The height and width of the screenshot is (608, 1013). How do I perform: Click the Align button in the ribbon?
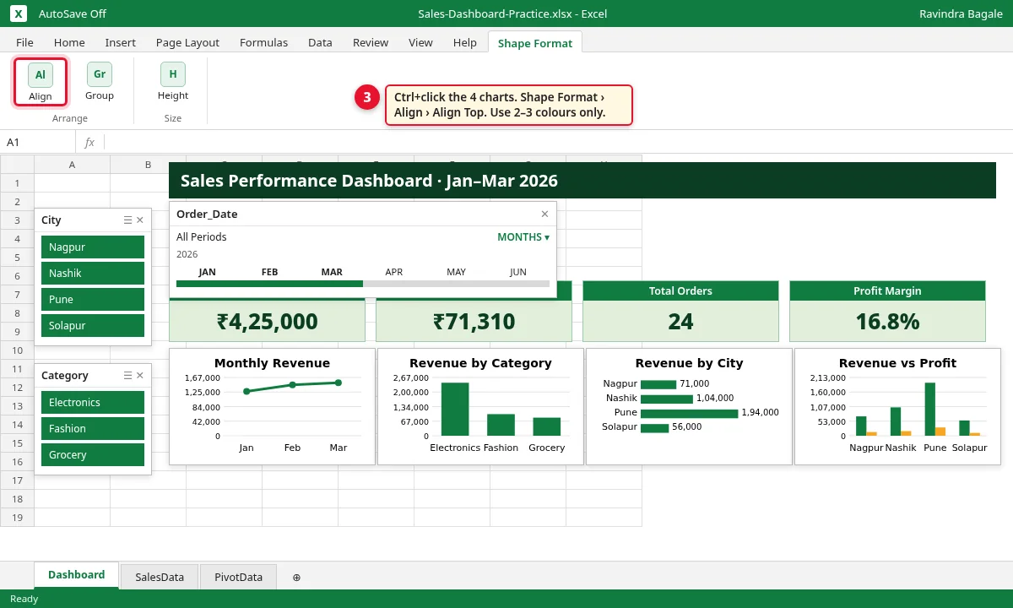tap(41, 82)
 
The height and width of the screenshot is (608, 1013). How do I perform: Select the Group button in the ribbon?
tap(100, 82)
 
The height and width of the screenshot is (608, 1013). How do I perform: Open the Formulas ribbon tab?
tap(263, 42)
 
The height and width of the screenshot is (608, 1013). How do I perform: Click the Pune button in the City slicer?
tap(93, 299)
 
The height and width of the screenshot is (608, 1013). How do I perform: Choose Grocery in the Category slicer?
tap(93, 454)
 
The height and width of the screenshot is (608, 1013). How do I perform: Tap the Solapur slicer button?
tap(93, 325)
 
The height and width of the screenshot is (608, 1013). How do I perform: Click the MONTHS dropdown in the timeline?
tap(523, 237)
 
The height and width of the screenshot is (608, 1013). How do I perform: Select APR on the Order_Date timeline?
tap(393, 272)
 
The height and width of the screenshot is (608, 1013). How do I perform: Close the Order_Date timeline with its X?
tap(544, 214)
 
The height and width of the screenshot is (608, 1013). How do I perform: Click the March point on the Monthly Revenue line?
tap(339, 383)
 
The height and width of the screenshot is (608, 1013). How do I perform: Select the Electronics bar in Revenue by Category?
tap(455, 409)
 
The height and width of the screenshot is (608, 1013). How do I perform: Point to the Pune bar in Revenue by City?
tap(689, 413)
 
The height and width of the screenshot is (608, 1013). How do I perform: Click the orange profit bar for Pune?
tap(940, 432)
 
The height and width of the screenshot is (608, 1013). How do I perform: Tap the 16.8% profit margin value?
tap(887, 321)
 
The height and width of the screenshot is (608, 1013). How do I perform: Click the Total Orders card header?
tap(680, 290)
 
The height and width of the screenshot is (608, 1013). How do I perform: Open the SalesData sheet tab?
tap(160, 577)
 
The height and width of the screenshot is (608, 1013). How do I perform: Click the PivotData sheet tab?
tap(238, 577)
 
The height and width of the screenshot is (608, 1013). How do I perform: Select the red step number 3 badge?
tap(366, 97)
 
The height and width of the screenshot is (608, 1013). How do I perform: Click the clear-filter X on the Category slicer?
tap(140, 376)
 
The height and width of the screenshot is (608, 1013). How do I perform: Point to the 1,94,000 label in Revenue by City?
tap(761, 412)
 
